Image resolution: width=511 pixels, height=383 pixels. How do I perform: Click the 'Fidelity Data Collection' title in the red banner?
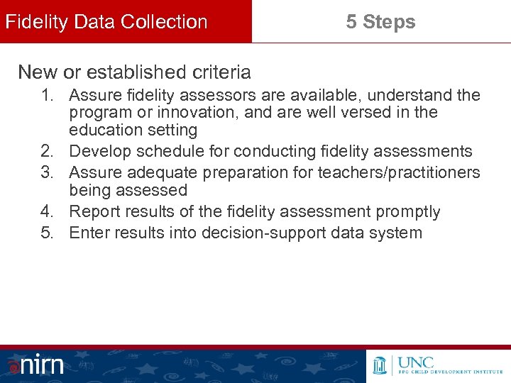pyautogui.click(x=106, y=22)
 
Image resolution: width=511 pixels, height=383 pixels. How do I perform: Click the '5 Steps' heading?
pyautogui.click(x=380, y=22)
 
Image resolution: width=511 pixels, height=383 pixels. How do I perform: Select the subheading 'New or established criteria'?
pyautogui.click(x=134, y=72)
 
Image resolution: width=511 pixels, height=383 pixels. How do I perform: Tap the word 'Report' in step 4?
pyautogui.click(x=93, y=211)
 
